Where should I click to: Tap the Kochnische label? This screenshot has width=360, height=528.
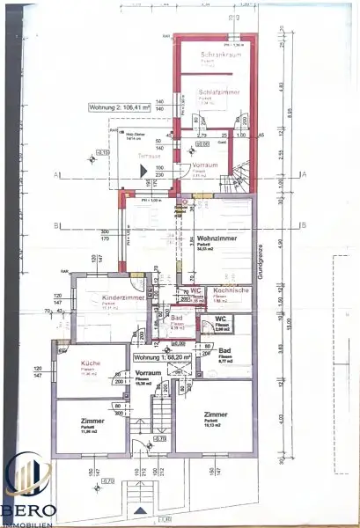(231, 290)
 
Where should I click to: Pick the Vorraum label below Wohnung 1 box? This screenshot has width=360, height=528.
(146, 373)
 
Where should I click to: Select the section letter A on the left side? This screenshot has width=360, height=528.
(56, 176)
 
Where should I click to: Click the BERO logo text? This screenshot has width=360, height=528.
(30, 510)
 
